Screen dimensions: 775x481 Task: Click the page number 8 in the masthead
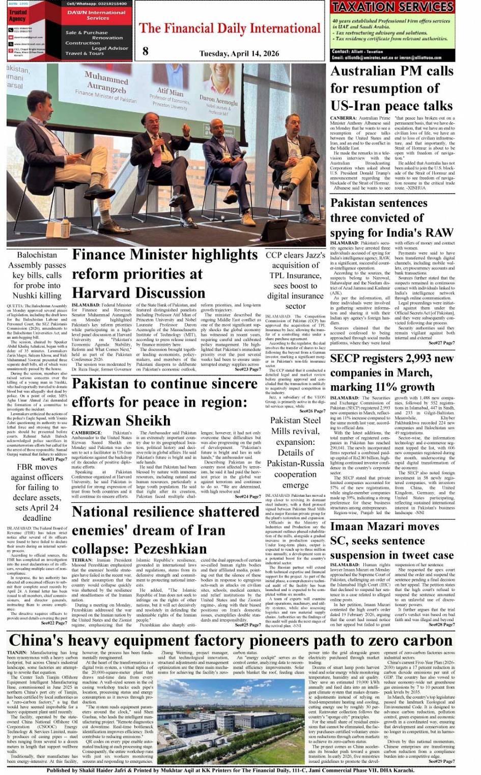point(146,50)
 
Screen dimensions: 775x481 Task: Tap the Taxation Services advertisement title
point(392,7)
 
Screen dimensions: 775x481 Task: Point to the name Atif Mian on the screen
point(170,93)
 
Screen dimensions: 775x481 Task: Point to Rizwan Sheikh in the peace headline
point(121,421)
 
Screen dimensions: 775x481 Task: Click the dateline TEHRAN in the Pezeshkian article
point(82,559)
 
